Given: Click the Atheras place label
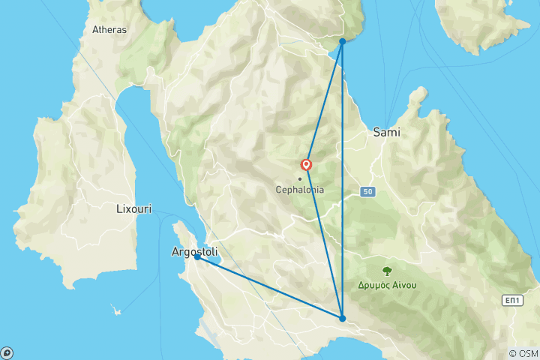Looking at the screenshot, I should (x=109, y=30).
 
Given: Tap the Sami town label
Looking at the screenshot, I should (x=386, y=132).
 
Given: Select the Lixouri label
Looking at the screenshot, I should (x=133, y=209).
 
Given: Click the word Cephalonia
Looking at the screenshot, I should (x=300, y=190).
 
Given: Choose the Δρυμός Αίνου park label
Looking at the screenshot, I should (x=388, y=285).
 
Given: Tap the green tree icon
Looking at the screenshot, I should (x=388, y=271).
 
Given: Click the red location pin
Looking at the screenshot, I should (x=306, y=165).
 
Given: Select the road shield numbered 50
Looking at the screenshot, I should (x=367, y=192).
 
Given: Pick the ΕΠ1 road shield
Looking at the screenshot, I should (x=511, y=301).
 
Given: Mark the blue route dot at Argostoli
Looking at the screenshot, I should (x=197, y=257).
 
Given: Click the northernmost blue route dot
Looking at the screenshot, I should (x=342, y=42).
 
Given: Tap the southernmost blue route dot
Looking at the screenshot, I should (x=342, y=319).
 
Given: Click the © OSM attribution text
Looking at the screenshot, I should (x=523, y=353).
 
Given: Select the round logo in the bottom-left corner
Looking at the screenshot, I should (x=7, y=352).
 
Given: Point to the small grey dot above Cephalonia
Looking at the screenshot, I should (x=300, y=178).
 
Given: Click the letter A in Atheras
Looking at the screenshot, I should (x=95, y=30).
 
